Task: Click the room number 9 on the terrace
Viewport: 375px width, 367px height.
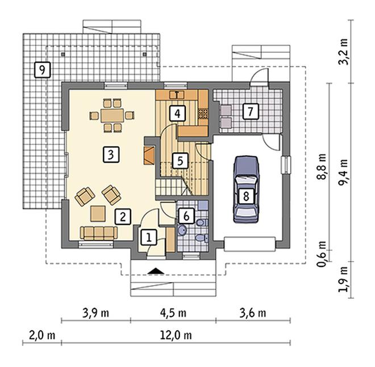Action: pos(43,70)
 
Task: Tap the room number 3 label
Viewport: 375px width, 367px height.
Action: pos(111,155)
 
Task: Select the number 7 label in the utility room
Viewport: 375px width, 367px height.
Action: pos(251,112)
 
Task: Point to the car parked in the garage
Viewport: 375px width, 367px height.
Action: pos(246,189)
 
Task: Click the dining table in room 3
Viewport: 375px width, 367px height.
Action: pos(112,116)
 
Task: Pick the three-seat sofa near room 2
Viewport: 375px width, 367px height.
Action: pos(99,233)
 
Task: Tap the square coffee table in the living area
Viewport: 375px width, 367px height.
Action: pos(98,214)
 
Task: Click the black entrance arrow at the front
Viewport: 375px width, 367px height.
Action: pos(156,271)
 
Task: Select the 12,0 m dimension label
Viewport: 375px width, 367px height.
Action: pos(176,335)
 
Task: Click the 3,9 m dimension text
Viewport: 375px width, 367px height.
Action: pos(95,313)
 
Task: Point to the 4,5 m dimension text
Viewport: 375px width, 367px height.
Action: pos(173,313)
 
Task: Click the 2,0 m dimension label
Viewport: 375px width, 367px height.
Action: pos(42,335)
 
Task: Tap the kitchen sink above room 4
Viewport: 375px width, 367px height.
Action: pos(177,95)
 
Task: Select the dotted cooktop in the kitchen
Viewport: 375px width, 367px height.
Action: pos(203,114)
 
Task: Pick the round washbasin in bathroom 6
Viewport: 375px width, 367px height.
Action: pos(182,230)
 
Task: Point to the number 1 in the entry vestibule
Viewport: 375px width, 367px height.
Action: pos(149,238)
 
